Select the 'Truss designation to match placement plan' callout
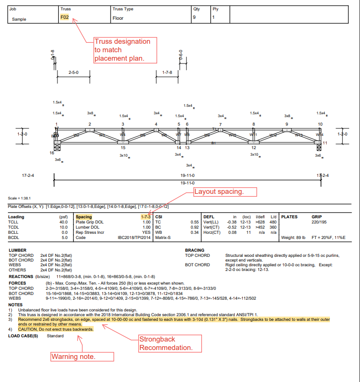123,50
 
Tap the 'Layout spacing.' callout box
225,192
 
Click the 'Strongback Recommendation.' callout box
166,343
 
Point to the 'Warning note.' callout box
73,357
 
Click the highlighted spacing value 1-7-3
145,217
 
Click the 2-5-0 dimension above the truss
73,72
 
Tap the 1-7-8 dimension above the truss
167,72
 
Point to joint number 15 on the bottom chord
123,147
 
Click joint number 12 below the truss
254,147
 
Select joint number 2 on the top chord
89,124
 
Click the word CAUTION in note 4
29,329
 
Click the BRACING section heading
195,250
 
